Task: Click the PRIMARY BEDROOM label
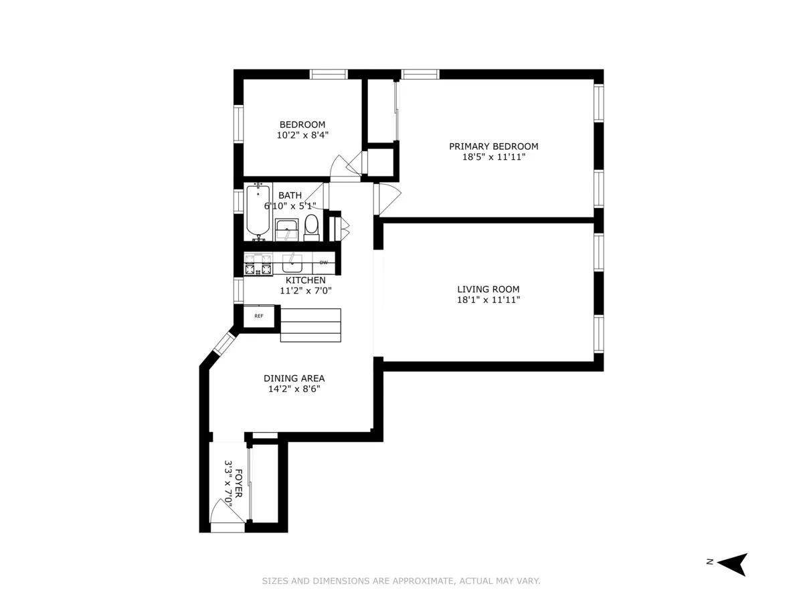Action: point(493,146)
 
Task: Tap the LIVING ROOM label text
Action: point(488,290)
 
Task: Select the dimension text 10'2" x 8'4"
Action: point(302,135)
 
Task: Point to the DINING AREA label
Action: point(294,379)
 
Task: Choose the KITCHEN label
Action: point(306,280)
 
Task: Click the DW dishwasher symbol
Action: point(324,262)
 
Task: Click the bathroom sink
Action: point(288,229)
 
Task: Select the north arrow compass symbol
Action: point(734,564)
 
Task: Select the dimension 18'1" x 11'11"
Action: point(488,300)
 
